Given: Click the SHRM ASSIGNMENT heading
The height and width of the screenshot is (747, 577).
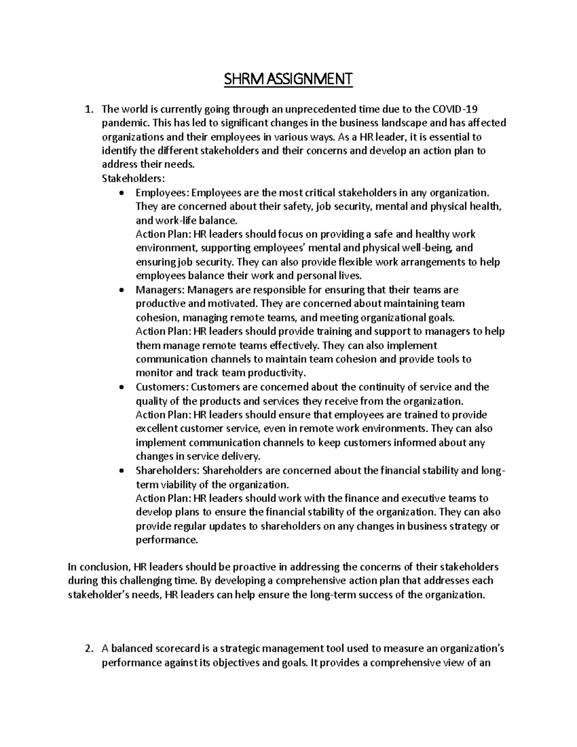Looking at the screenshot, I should pos(288,78).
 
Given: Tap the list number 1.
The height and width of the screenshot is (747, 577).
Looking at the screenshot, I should pos(88,109).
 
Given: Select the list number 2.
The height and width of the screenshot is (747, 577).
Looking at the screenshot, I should pos(88,649).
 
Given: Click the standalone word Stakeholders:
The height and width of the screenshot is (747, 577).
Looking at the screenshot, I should pos(133,178).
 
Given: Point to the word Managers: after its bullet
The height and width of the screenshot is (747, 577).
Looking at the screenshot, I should pos(160,290).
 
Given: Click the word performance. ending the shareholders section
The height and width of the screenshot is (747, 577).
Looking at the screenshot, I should pos(166,540).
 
